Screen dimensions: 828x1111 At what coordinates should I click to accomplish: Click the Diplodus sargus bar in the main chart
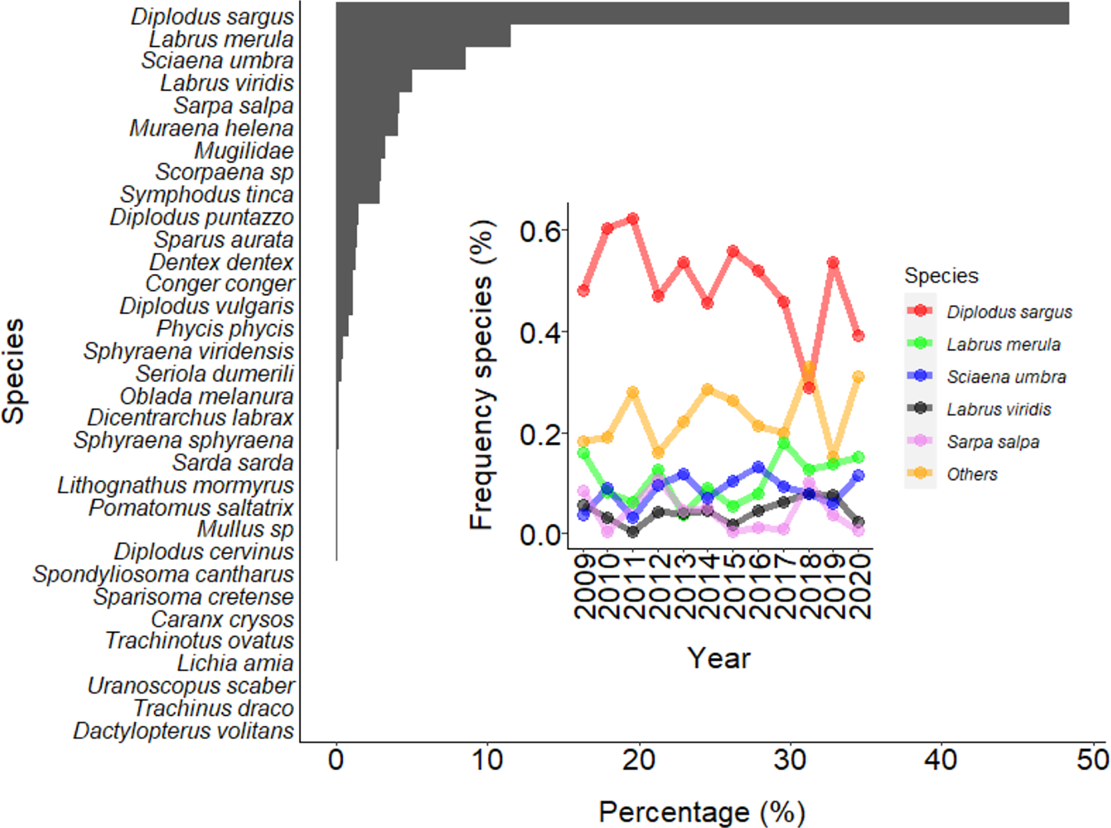(702, 13)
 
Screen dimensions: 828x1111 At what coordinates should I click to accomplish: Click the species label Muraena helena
(211, 128)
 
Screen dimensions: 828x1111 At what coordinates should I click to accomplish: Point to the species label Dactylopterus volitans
(184, 731)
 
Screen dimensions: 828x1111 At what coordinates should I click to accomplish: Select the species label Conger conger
(219, 284)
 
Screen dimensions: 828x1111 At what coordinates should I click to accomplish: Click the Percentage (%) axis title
(702, 812)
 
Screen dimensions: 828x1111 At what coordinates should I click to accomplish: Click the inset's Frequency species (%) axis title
(482, 374)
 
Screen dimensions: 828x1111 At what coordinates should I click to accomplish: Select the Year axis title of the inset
(719, 657)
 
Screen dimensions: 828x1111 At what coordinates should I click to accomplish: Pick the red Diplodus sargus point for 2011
(633, 219)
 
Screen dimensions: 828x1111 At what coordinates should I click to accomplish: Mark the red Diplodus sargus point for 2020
(859, 336)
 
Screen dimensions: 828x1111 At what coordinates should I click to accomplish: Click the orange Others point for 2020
(859, 376)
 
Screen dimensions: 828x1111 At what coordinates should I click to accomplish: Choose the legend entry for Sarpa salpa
(992, 441)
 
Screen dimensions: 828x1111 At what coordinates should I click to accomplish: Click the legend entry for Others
(971, 474)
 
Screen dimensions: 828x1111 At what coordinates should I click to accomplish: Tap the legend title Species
(941, 276)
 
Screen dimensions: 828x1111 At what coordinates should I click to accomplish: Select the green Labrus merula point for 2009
(583, 453)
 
